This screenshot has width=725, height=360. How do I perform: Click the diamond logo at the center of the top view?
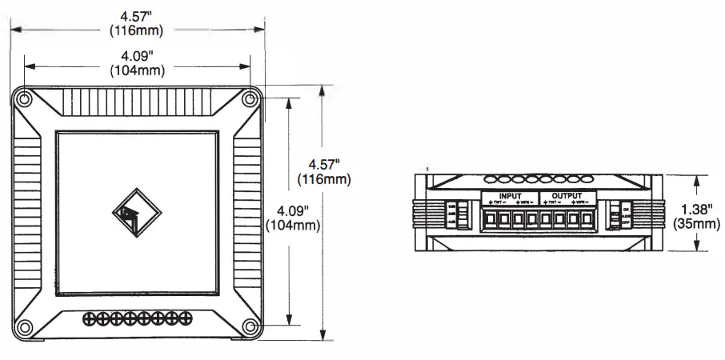coord(137,212)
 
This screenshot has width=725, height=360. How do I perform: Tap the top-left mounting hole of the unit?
coord(25,99)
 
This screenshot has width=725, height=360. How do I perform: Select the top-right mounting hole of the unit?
coord(250,98)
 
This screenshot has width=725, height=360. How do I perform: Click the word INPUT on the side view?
coord(510,195)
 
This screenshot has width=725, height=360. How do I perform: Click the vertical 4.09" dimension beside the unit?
coord(292,212)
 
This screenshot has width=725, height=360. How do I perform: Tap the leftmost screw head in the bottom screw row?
coord(89,318)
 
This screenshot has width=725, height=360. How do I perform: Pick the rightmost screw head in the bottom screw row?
coord(186,318)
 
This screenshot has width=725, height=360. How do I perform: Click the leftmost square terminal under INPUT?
coord(492,218)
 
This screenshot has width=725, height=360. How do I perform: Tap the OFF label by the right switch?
coord(626,222)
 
